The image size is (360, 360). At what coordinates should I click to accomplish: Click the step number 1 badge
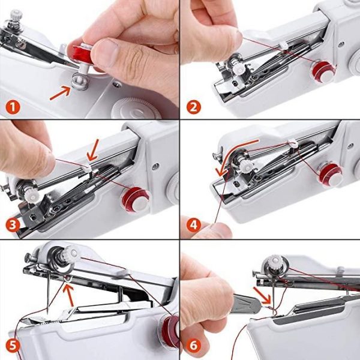pos(13,108)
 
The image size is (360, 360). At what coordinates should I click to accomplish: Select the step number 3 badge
pos(13,226)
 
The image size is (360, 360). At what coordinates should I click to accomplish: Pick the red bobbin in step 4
pos(329,174)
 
